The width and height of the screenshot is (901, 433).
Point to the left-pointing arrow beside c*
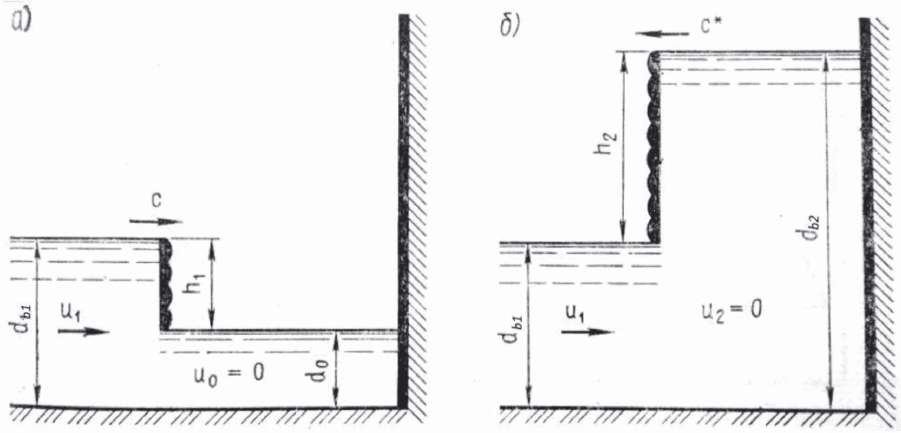tap(664, 34)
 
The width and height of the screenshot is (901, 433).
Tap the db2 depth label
tap(812, 231)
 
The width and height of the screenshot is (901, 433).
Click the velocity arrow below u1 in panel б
tap(588, 331)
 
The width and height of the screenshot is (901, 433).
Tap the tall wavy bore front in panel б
tap(652, 147)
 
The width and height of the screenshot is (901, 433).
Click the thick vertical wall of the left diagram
tap(404, 212)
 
